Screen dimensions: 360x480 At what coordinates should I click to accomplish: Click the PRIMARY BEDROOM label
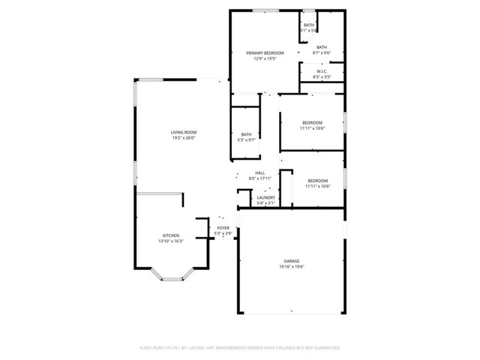pos(265,52)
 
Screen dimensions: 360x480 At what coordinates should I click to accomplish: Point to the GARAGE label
pos(291,261)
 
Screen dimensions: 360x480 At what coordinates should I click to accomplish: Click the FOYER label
pos(223,227)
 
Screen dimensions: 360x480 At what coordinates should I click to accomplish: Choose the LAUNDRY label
pos(266,197)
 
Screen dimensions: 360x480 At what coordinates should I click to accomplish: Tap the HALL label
pos(260,173)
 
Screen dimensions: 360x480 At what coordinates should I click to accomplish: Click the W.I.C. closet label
pos(320,71)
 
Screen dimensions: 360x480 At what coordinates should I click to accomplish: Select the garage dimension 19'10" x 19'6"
pos(291,267)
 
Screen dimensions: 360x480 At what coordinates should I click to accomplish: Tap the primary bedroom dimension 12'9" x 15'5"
pos(265,58)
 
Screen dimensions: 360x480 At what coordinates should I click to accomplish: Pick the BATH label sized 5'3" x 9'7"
pos(246,134)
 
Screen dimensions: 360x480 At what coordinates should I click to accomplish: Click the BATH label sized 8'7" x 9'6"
pos(321,47)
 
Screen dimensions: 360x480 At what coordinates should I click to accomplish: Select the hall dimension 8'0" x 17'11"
pos(260,179)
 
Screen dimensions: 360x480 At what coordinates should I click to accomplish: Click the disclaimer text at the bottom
pos(240,348)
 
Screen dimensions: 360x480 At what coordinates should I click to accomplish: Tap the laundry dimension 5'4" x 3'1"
pos(266,203)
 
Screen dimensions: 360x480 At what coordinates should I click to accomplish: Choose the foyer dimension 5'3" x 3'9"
pos(223,233)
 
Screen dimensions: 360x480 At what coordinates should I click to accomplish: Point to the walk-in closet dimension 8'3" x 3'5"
pos(320,77)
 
